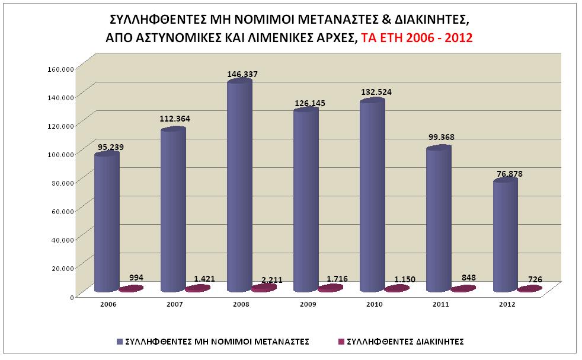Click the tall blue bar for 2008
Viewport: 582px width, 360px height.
click(x=239, y=187)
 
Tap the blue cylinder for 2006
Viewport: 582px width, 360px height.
click(x=107, y=222)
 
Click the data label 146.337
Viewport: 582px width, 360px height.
click(x=242, y=74)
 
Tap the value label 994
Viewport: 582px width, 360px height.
click(x=136, y=278)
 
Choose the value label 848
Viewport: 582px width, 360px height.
click(x=468, y=277)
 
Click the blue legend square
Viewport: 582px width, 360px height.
click(x=121, y=342)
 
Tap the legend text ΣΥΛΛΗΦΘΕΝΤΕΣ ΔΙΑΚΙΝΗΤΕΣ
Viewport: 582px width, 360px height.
click(x=404, y=342)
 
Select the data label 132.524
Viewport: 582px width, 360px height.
click(x=376, y=92)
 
